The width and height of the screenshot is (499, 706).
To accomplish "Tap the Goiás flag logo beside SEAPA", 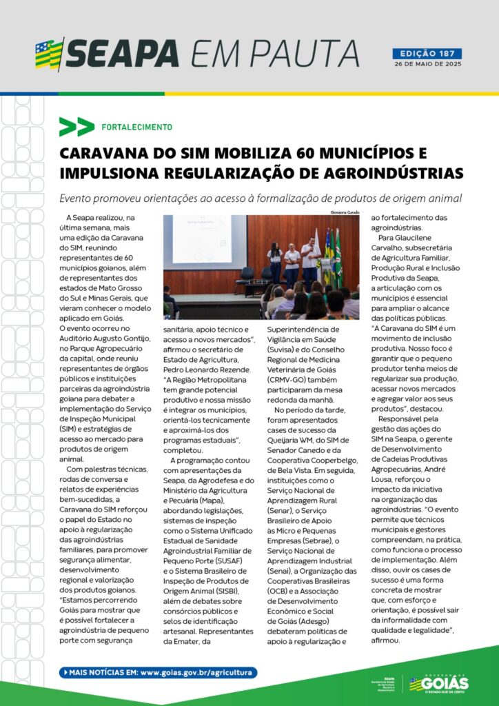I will [x=49, y=54].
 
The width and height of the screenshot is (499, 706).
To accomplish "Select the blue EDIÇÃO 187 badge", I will [x=427, y=53].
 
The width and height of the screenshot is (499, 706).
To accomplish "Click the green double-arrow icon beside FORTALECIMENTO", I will [x=77, y=127].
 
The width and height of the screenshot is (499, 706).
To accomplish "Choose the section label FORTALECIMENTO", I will [x=136, y=128].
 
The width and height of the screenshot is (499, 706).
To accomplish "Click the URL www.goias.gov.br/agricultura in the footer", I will [x=198, y=672].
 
